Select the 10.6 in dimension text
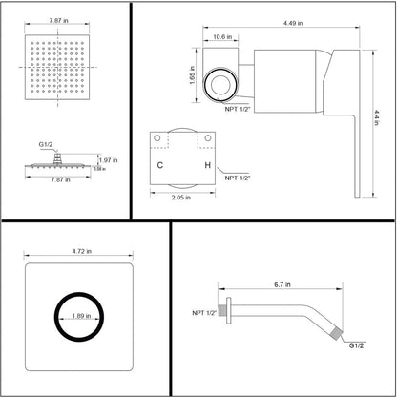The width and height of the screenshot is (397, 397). pyautogui.click(x=220, y=38)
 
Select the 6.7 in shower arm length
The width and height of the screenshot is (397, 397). pyautogui.click(x=282, y=284)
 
